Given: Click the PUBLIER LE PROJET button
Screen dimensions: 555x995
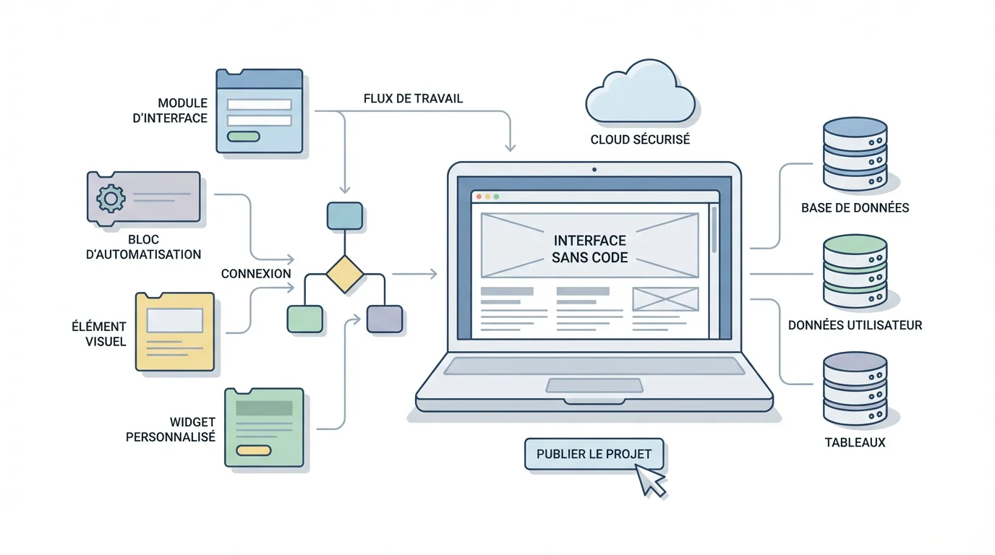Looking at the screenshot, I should tap(594, 455).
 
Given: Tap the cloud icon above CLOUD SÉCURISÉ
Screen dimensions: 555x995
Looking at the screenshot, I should tap(639, 95).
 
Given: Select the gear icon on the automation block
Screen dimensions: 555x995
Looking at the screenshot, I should tap(111, 197).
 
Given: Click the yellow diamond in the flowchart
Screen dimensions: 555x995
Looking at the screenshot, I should tap(344, 274).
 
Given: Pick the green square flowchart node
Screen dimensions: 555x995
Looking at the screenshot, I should tap(304, 319).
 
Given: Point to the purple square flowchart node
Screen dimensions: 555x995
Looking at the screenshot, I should tap(384, 319).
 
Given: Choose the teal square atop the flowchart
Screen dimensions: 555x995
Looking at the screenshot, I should tap(344, 215).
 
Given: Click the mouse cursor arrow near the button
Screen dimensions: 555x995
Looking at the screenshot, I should tap(650, 481).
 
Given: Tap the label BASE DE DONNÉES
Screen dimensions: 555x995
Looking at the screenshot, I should tap(855, 208).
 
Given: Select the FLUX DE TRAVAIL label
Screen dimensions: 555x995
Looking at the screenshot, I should tap(413, 98).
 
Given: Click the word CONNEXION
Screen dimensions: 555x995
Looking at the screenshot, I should tap(256, 274).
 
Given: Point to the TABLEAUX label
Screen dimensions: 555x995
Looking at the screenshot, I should tap(855, 442).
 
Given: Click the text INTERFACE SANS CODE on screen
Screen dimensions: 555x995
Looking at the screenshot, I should tap(589, 249).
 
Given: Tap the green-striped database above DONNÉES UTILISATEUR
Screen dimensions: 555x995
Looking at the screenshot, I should tap(855, 271).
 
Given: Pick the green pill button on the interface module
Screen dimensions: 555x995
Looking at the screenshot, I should tap(243, 137).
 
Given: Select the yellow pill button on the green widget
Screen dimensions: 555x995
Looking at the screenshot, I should tap(253, 450).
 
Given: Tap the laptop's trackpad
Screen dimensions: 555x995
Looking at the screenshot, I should tap(594, 385).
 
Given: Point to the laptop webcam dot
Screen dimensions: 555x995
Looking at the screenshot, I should tap(594, 170).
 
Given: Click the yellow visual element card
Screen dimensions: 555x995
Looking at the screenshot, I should tap(175, 332).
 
